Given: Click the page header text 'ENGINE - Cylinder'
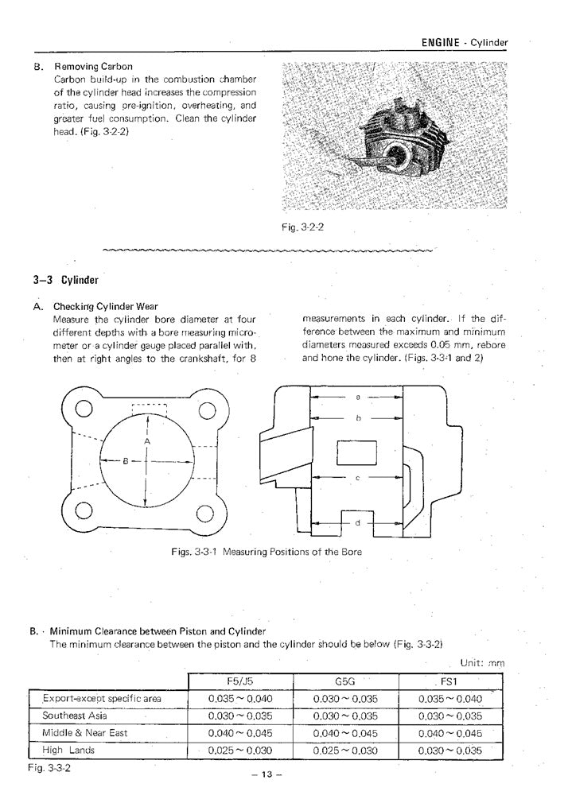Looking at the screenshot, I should click(x=462, y=42).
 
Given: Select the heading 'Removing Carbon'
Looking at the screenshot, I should click(x=93, y=66).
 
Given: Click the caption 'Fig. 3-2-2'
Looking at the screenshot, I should click(x=302, y=227).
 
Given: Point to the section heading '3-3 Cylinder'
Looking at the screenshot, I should click(x=65, y=280).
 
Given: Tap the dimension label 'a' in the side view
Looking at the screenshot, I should click(x=358, y=395).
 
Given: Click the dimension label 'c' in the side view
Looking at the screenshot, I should click(x=358, y=478).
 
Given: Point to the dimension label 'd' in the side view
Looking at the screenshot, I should click(x=358, y=522).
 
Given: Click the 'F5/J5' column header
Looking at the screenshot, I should click(x=240, y=681).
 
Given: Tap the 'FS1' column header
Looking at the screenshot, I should click(x=451, y=681).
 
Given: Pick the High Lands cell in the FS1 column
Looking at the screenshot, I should click(x=451, y=749).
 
